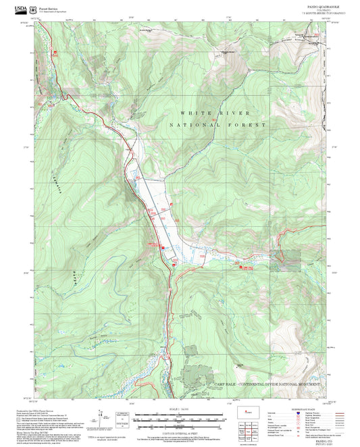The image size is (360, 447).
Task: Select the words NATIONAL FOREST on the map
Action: [x=217, y=126]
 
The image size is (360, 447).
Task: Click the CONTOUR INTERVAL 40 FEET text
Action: [x=180, y=431]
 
